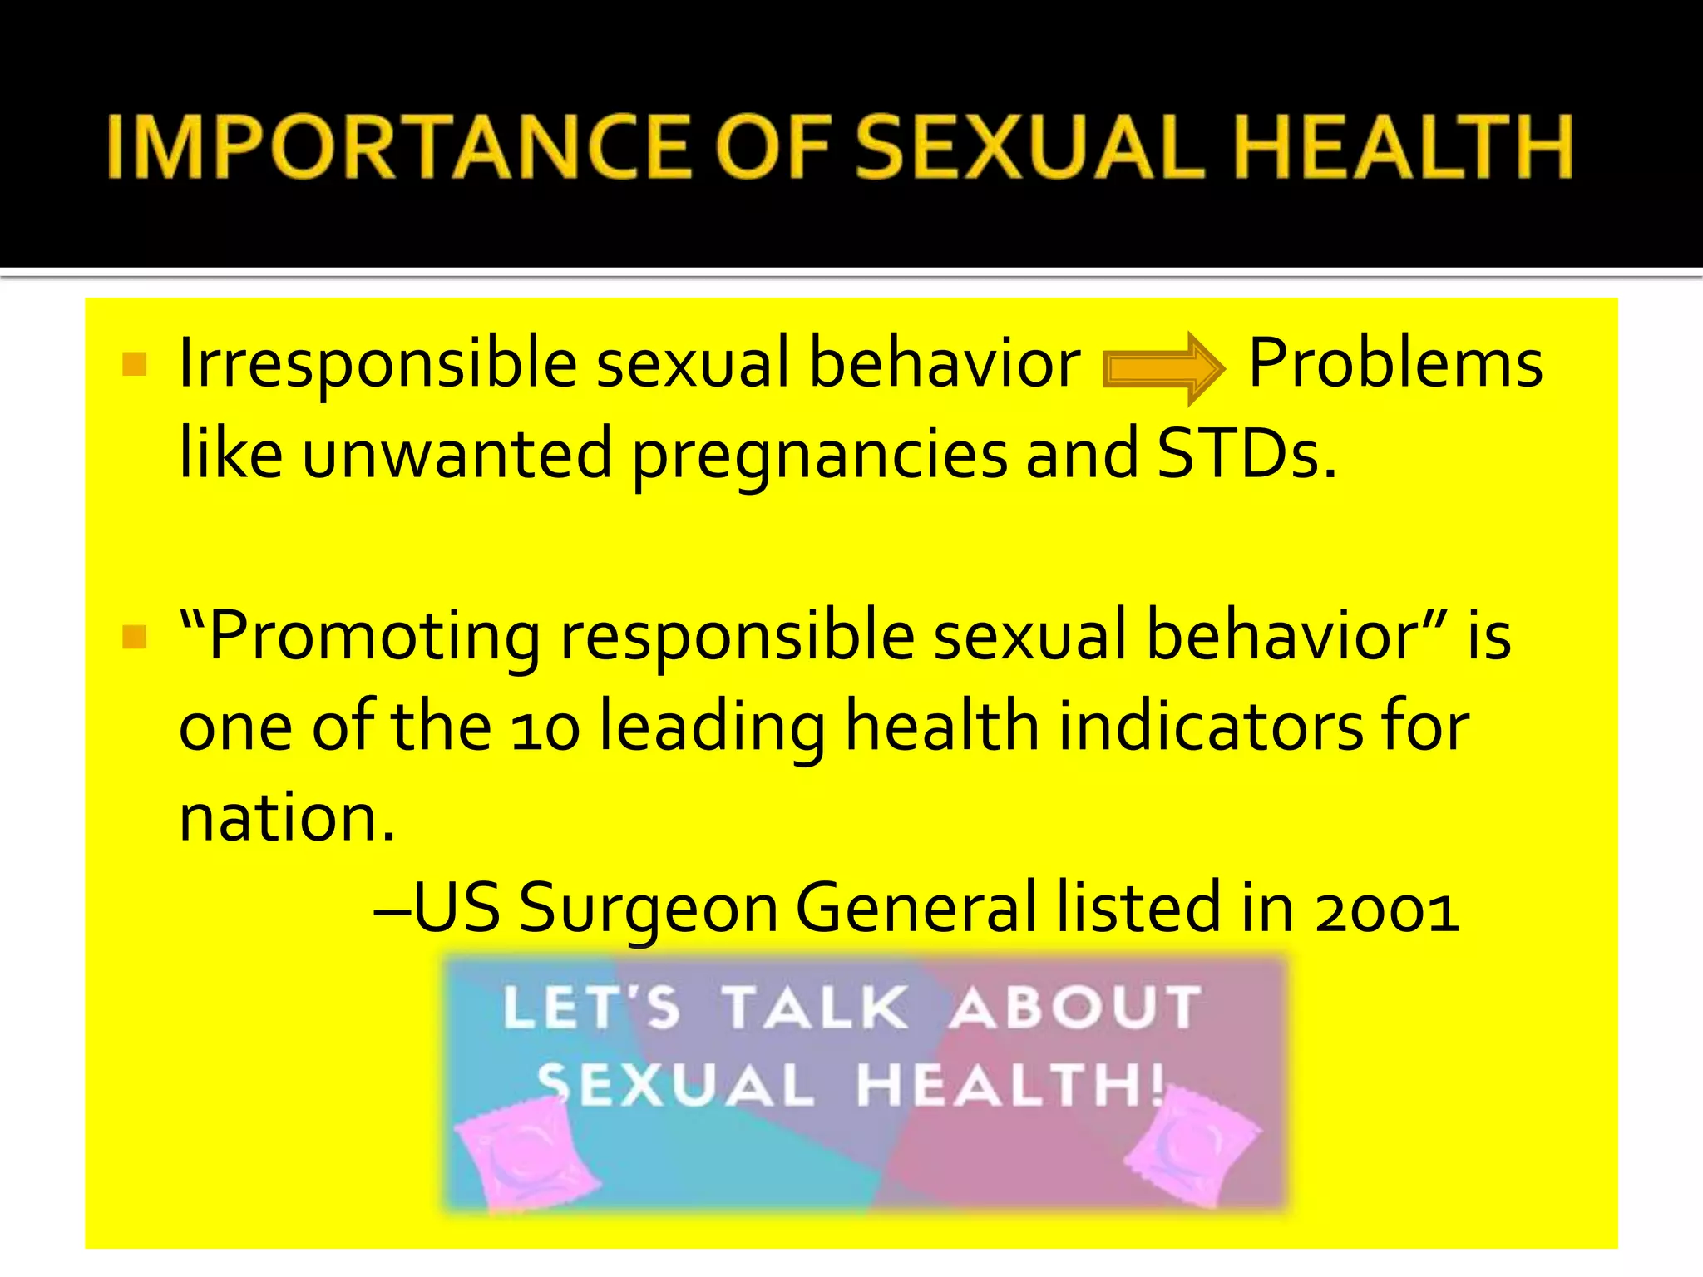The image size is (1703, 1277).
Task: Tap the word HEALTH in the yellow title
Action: (x=1404, y=147)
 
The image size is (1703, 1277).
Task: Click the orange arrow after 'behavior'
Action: (x=1162, y=368)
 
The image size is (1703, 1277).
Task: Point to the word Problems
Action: (x=1395, y=363)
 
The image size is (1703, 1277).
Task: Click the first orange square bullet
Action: (x=134, y=364)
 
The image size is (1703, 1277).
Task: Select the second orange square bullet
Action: (x=134, y=637)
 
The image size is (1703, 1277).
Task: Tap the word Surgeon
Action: (x=649, y=909)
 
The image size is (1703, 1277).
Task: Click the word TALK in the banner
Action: (x=814, y=1008)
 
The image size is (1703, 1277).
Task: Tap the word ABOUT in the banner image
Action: (x=1076, y=1008)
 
